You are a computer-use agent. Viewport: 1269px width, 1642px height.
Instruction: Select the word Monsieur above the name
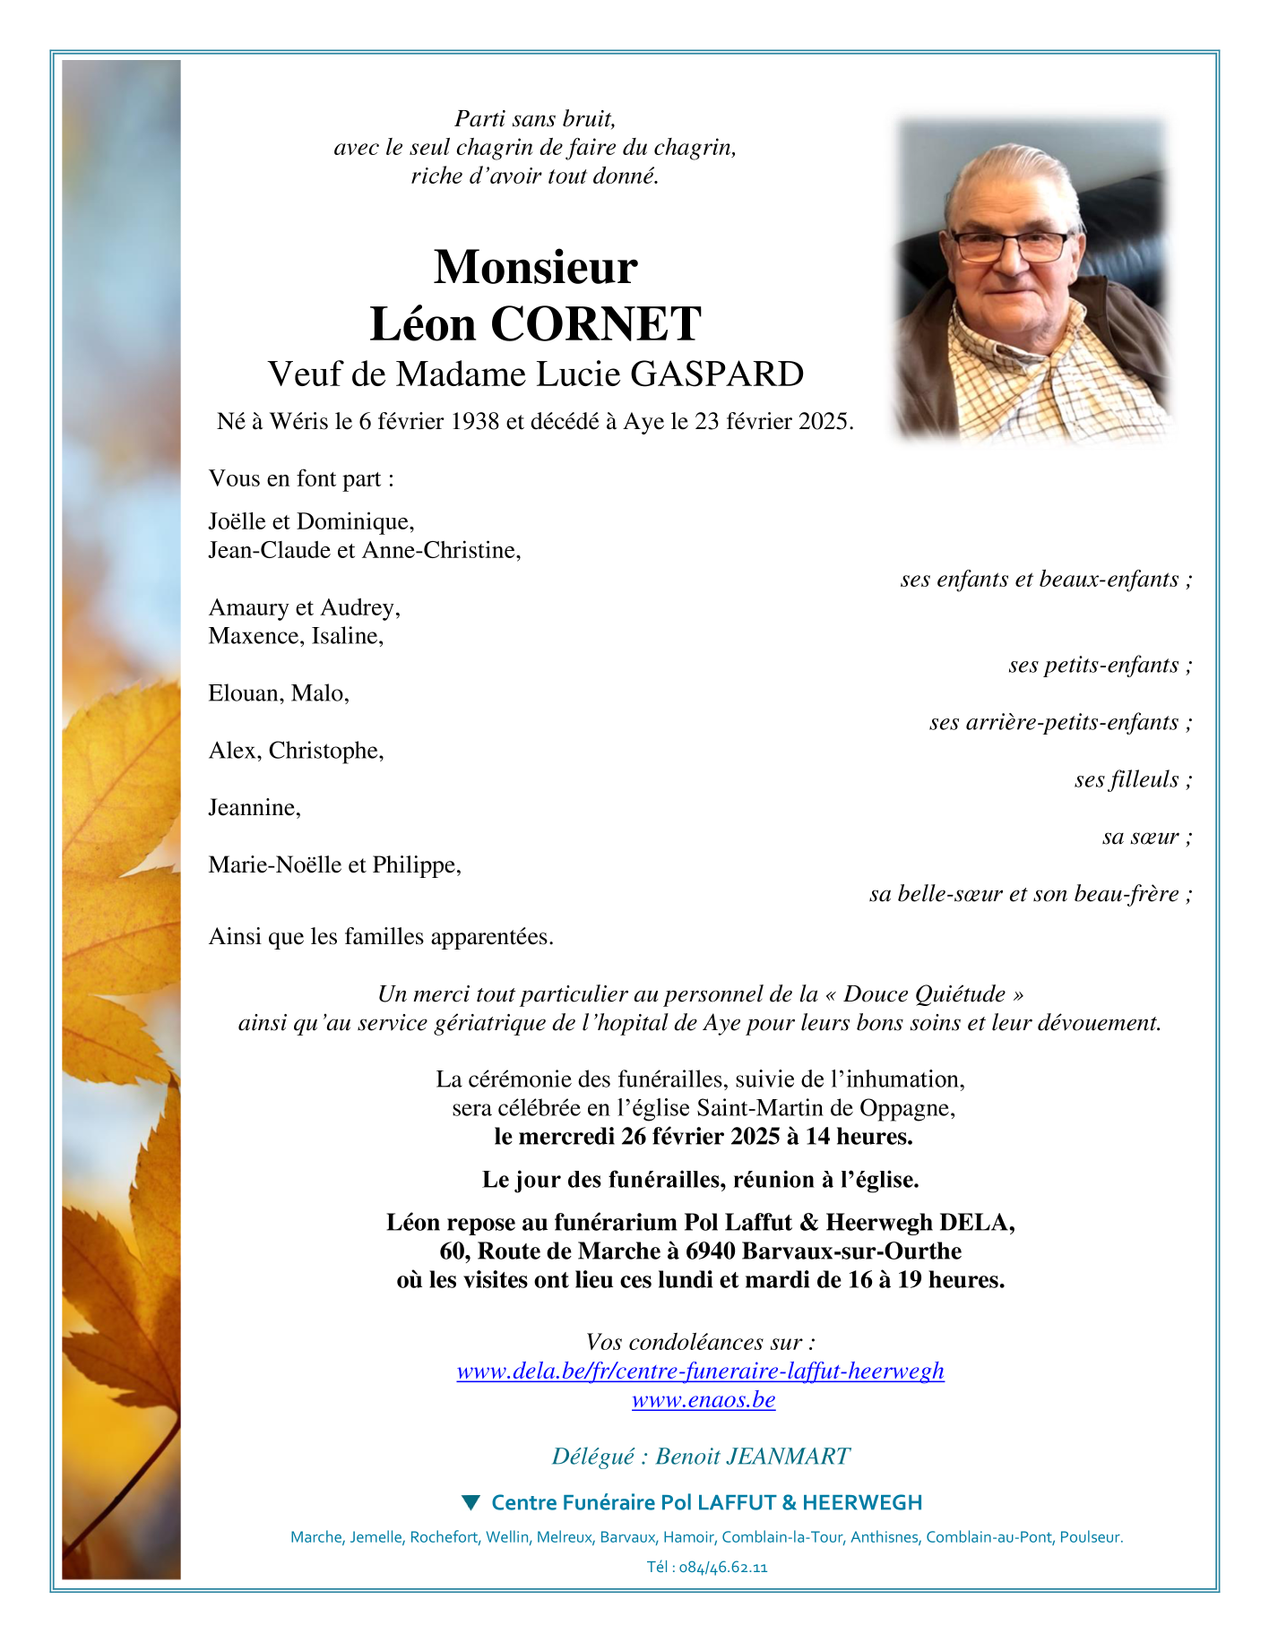coord(535,267)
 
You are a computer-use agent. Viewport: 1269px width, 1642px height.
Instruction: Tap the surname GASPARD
coord(717,374)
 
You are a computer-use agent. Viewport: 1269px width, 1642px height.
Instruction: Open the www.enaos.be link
coord(704,1399)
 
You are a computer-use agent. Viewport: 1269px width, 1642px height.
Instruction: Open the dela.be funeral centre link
coord(700,1371)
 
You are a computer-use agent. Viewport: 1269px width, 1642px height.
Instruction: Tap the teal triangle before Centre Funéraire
coord(470,1501)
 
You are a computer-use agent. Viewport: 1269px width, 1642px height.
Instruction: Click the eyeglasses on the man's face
coord(1010,245)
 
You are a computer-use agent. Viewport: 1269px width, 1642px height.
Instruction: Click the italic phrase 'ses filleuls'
coord(1127,779)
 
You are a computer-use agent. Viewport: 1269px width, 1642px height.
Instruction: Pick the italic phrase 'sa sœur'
coord(1140,837)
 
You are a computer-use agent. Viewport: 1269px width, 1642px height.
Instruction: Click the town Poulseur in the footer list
coord(1089,1537)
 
